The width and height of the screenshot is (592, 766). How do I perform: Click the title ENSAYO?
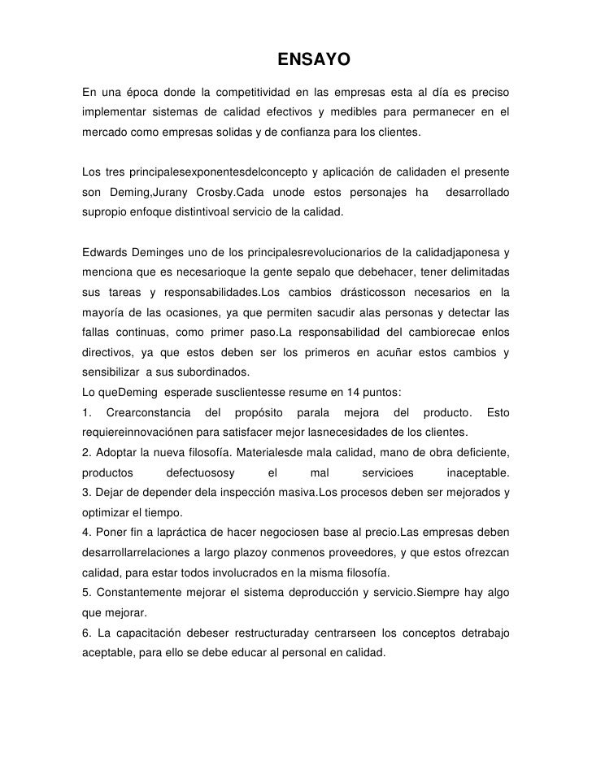pyautogui.click(x=313, y=60)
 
